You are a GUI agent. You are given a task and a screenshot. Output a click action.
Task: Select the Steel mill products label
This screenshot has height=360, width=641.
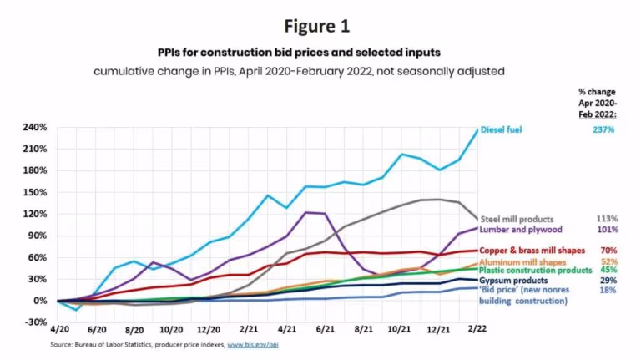point(517,218)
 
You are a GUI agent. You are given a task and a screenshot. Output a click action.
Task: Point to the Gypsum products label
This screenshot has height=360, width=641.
point(513,281)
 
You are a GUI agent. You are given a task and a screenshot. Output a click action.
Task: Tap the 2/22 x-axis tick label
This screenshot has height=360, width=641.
point(477,330)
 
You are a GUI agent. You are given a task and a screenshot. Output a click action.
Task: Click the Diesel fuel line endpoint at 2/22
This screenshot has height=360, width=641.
point(477,129)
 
